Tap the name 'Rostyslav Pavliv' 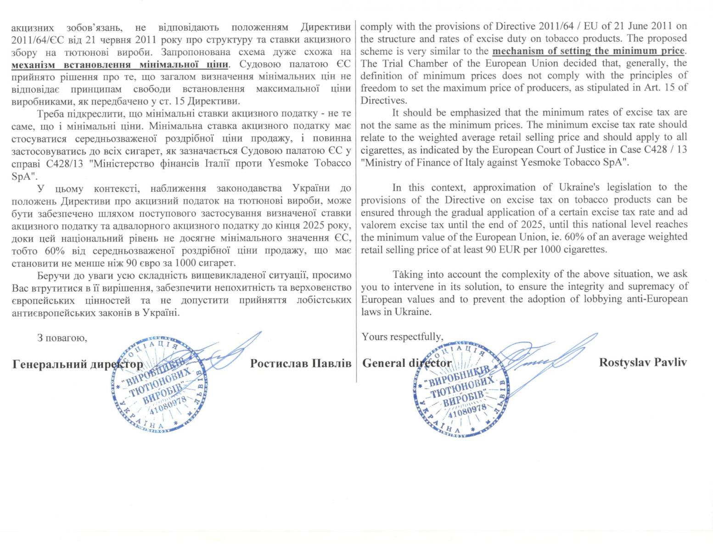point(643,362)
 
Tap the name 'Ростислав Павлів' point(301,363)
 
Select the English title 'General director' point(407,363)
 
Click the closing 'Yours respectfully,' point(402,337)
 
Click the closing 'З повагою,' point(62,338)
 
